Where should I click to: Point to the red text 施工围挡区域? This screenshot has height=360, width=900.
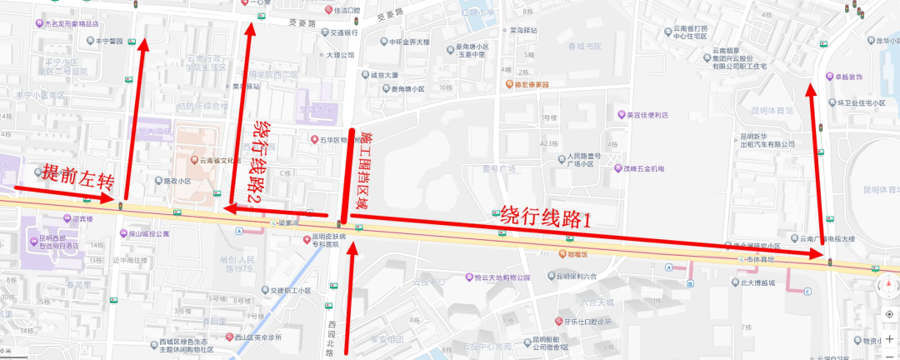click(363, 172)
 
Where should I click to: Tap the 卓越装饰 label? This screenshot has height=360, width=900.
click(852, 77)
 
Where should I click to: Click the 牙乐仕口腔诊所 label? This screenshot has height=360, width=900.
click(589, 322)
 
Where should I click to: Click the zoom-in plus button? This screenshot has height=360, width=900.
click(889, 337)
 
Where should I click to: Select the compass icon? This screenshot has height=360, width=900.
click(888, 288)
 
